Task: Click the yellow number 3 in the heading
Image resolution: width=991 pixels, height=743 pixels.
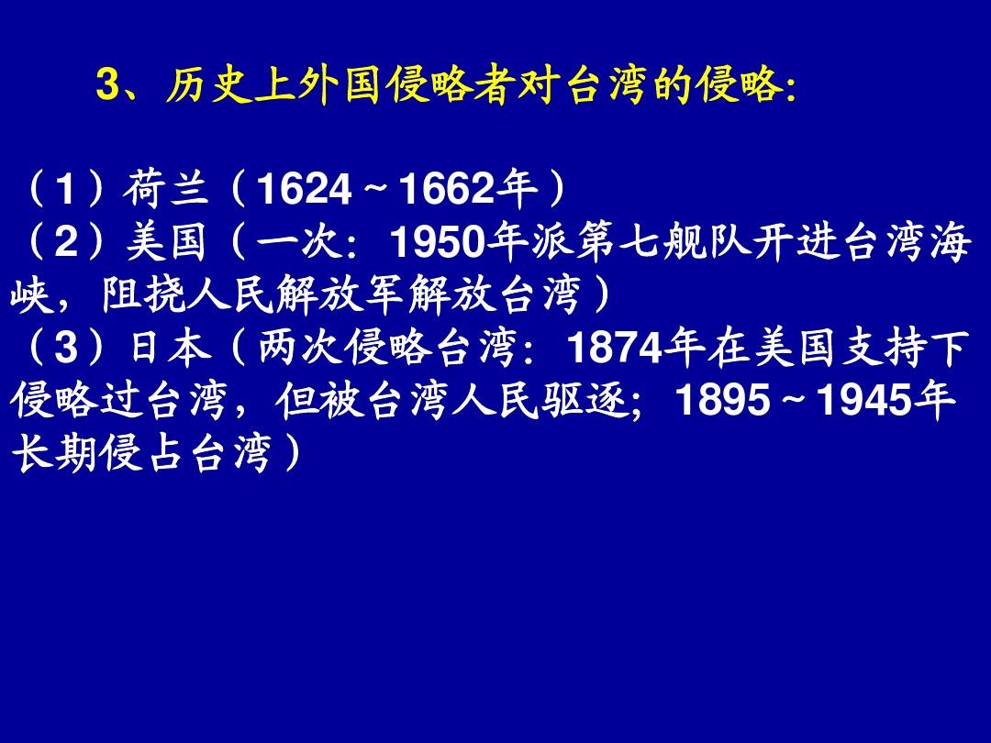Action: pyautogui.click(x=107, y=84)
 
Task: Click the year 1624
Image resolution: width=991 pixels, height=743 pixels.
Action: pyautogui.click(x=305, y=189)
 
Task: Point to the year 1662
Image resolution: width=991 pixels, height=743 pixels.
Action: pyautogui.click(x=448, y=189)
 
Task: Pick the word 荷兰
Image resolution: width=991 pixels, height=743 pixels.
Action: pyautogui.click(x=165, y=188)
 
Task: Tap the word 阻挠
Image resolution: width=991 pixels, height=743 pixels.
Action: pyautogui.click(x=145, y=295)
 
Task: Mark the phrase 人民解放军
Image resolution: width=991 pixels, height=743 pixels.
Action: pyautogui.click(x=296, y=295)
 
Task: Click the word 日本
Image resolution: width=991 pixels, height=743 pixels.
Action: pyautogui.click(x=170, y=348)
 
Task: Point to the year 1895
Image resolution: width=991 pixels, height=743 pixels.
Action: pyautogui.click(x=724, y=401)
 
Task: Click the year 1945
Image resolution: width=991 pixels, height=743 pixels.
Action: pyautogui.click(x=864, y=401)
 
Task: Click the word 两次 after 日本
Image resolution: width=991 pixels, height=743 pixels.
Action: pyautogui.click(x=300, y=348)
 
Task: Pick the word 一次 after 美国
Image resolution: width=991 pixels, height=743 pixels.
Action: pyautogui.click(x=298, y=242)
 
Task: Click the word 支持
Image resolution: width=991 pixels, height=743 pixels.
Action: pyautogui.click(x=882, y=348)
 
